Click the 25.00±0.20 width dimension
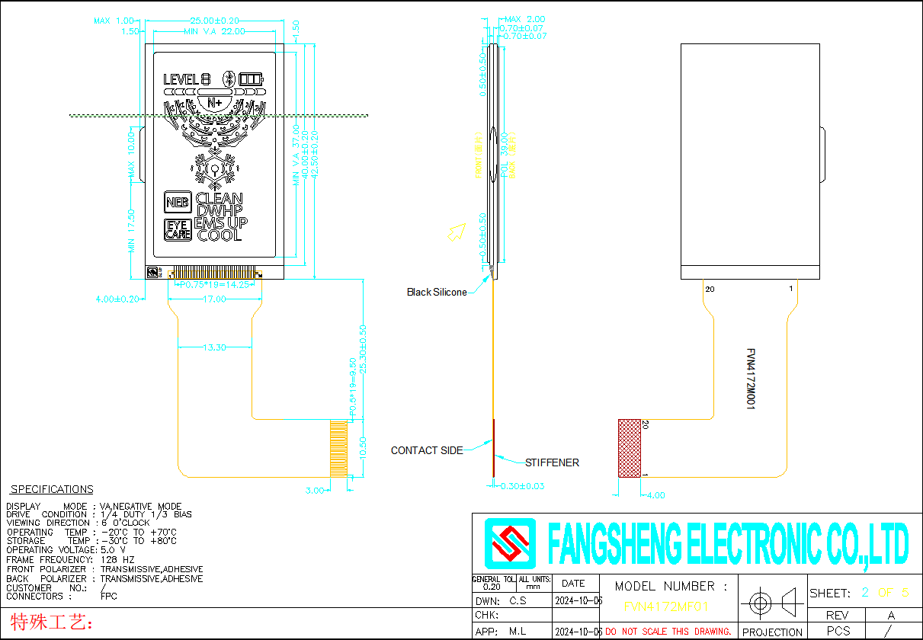(214, 21)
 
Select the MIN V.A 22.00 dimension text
(214, 32)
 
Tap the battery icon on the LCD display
(250, 79)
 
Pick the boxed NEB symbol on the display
(178, 203)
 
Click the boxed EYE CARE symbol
(178, 230)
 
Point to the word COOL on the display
(220, 236)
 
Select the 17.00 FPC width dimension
(214, 299)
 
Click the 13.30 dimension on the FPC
(214, 347)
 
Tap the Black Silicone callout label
(436, 293)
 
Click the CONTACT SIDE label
(426, 450)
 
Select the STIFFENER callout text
(552, 462)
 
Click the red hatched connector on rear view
(629, 448)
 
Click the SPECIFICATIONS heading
(52, 489)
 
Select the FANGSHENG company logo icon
(511, 544)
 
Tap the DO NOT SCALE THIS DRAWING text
(668, 632)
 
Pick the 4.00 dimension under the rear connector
(655, 495)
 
